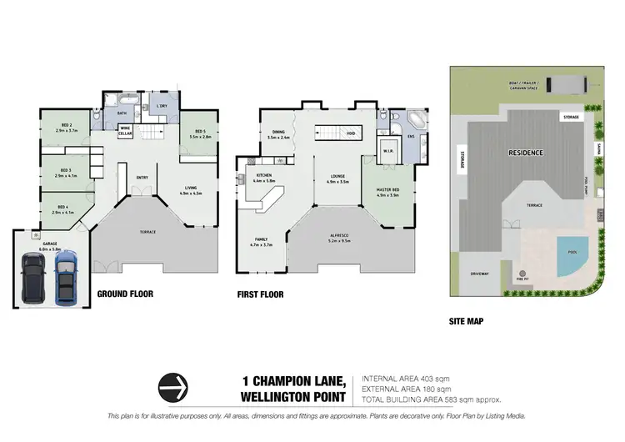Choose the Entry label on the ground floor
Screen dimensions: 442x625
pos(142,176)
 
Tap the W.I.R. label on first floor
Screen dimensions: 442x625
pos(387,151)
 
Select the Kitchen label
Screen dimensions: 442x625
pos(263,178)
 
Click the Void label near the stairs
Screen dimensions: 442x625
pos(351,133)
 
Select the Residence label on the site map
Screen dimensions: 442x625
pos(526,153)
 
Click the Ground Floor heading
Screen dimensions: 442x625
pos(125,294)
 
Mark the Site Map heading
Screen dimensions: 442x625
pos(466,320)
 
